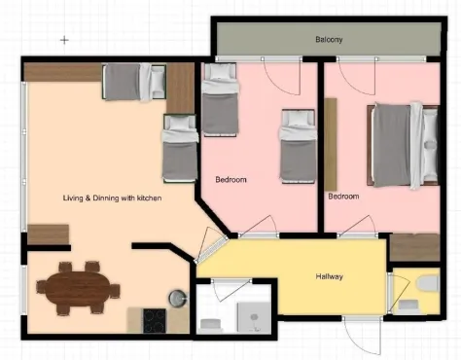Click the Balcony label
(329, 40)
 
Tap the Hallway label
(329, 276)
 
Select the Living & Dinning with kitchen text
(112, 198)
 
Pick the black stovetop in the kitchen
(155, 320)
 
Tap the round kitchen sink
(178, 298)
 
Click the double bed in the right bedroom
(403, 146)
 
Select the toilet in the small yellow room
(428, 284)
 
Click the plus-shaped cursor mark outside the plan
(64, 40)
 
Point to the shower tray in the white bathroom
(254, 317)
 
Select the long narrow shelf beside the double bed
(331, 144)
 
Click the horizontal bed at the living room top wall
(134, 82)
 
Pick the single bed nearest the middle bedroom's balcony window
(220, 99)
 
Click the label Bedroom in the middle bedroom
(230, 179)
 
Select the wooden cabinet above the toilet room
(414, 247)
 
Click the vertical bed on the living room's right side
(180, 149)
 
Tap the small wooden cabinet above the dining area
(49, 234)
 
